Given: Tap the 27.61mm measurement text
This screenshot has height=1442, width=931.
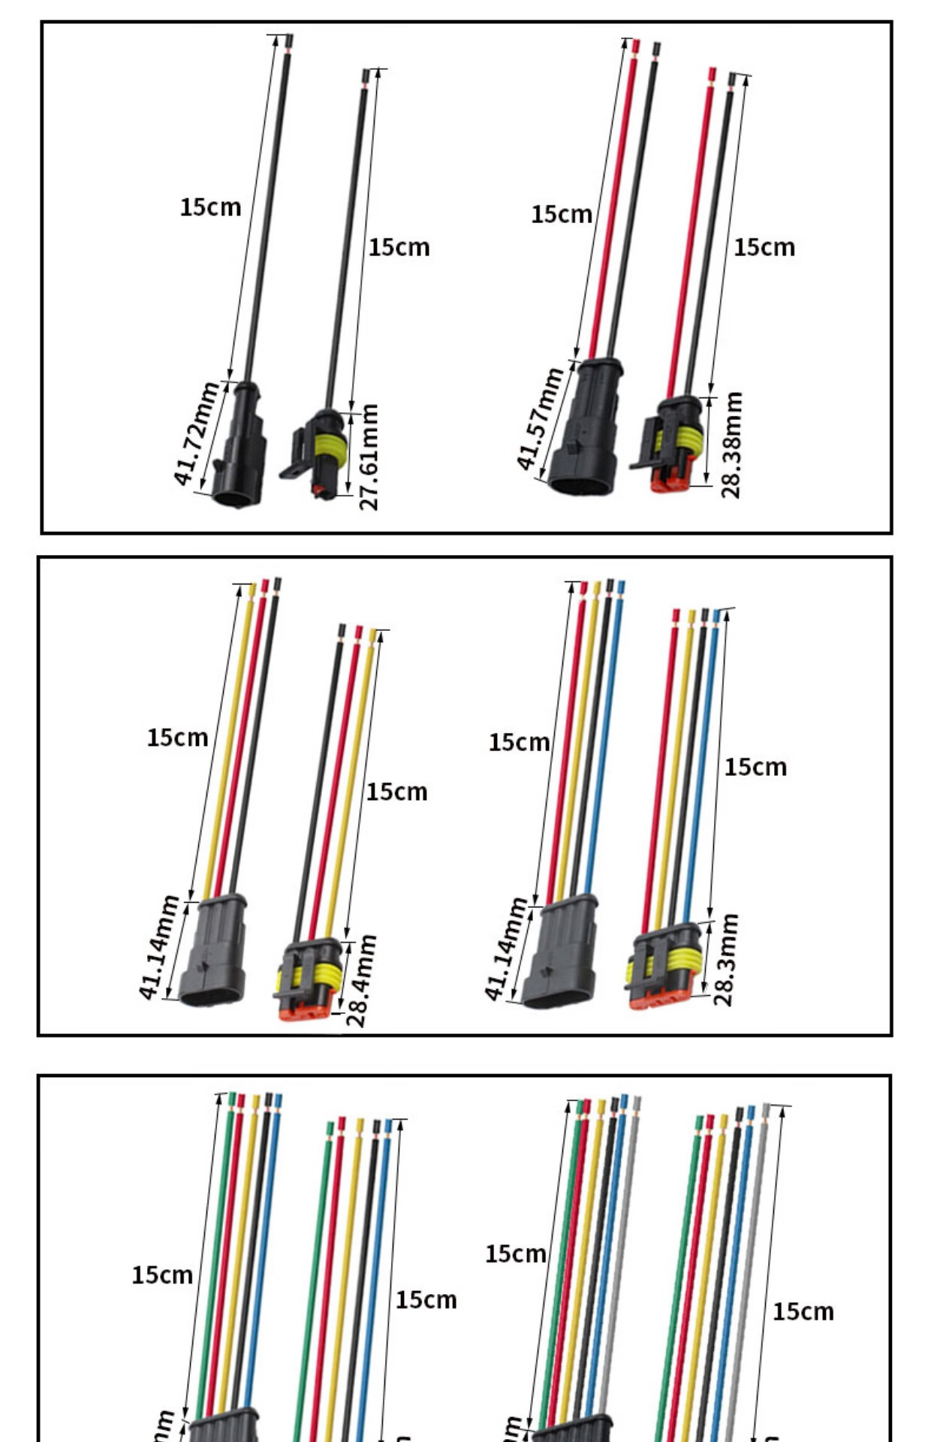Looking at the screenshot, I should pos(369,457).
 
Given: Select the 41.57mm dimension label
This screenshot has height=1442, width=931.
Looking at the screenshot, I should pos(540,419).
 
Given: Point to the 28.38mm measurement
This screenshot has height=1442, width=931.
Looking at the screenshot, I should pos(731,445).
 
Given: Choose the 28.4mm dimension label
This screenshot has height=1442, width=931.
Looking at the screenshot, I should pos(361,980).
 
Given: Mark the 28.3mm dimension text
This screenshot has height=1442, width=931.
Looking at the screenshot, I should pos(726,960).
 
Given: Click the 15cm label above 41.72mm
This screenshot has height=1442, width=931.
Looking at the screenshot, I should pos(210,207).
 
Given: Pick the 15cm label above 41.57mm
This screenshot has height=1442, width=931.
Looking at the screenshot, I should pos(562,215).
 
